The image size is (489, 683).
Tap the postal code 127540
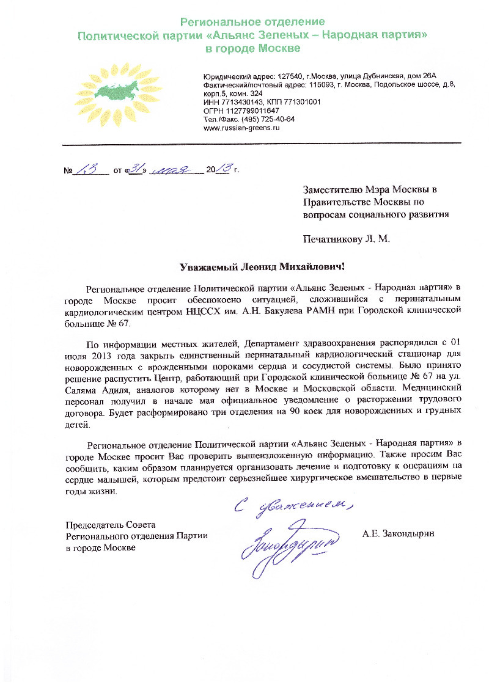(281, 76)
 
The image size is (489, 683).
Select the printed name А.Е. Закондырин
(397, 533)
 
